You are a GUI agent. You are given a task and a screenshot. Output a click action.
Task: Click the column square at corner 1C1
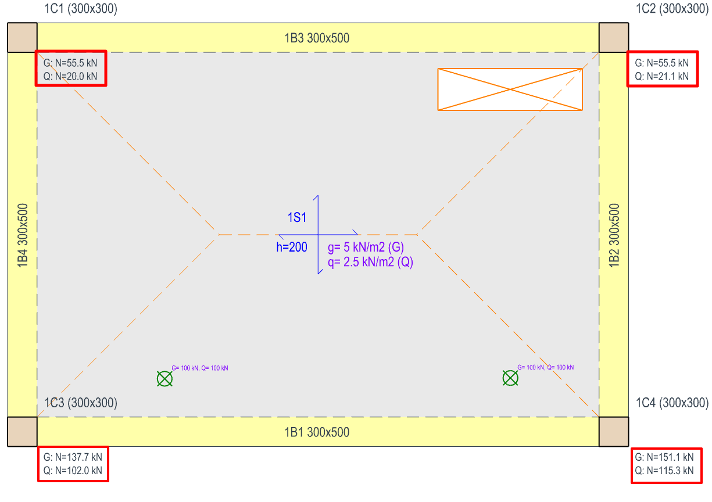22,38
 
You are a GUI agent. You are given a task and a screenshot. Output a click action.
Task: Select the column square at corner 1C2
614,38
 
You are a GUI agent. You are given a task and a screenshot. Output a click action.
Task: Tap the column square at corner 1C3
22,432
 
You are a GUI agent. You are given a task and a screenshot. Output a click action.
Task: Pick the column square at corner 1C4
614,432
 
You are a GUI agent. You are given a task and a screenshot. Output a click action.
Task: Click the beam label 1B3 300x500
317,38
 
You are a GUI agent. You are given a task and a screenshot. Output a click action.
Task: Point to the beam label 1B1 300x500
317,432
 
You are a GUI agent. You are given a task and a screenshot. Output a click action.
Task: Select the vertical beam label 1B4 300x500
23,235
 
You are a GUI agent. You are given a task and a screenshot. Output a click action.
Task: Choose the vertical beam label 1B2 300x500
614,235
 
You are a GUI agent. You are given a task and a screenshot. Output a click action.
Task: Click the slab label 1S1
296,218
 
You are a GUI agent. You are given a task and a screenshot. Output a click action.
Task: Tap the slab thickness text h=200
292,248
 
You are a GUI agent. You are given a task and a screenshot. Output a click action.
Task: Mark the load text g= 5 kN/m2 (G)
366,248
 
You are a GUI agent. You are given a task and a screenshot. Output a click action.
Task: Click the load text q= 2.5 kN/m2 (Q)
370,262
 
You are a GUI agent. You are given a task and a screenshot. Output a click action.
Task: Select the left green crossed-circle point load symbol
165,379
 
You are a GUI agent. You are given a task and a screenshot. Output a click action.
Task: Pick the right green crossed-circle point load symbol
510,378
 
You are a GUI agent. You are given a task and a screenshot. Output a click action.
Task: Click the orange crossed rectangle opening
510,89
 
